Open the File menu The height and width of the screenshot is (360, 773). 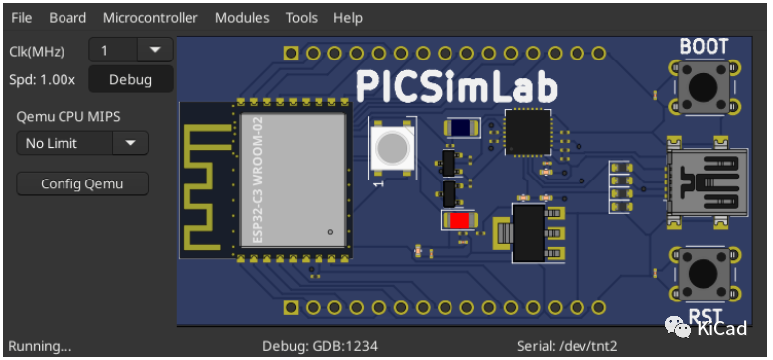click(21, 18)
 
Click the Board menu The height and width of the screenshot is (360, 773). click(67, 18)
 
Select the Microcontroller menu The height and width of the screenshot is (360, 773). click(150, 18)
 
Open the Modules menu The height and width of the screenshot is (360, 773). click(241, 18)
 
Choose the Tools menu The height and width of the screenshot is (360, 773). click(301, 18)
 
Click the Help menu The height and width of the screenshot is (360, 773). click(347, 18)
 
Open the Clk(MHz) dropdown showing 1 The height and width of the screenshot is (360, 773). click(131, 50)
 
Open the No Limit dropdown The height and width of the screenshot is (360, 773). click(81, 143)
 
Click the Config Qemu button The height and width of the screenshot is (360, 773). click(81, 183)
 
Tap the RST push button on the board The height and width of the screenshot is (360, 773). click(705, 274)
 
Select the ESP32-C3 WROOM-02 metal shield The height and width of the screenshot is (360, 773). click(293, 180)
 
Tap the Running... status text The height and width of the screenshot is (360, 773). click(41, 346)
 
